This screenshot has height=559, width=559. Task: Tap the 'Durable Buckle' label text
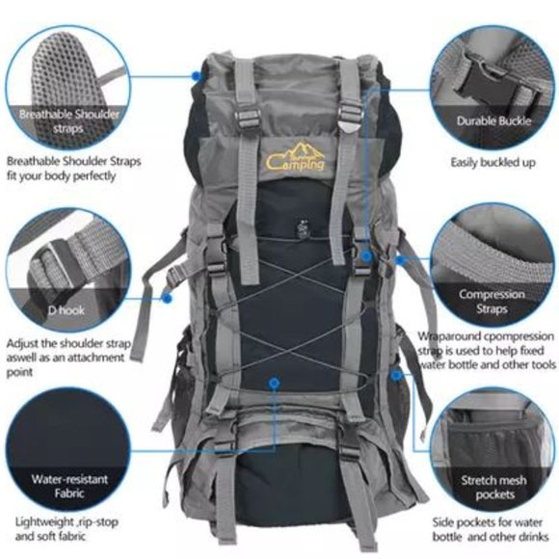tap(494, 122)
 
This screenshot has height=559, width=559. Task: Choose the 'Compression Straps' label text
tap(491, 302)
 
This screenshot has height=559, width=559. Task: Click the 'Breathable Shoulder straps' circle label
tap(67, 120)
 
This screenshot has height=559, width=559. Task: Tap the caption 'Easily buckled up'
tap(494, 163)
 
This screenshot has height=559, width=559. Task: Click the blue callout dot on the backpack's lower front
tap(275, 383)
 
